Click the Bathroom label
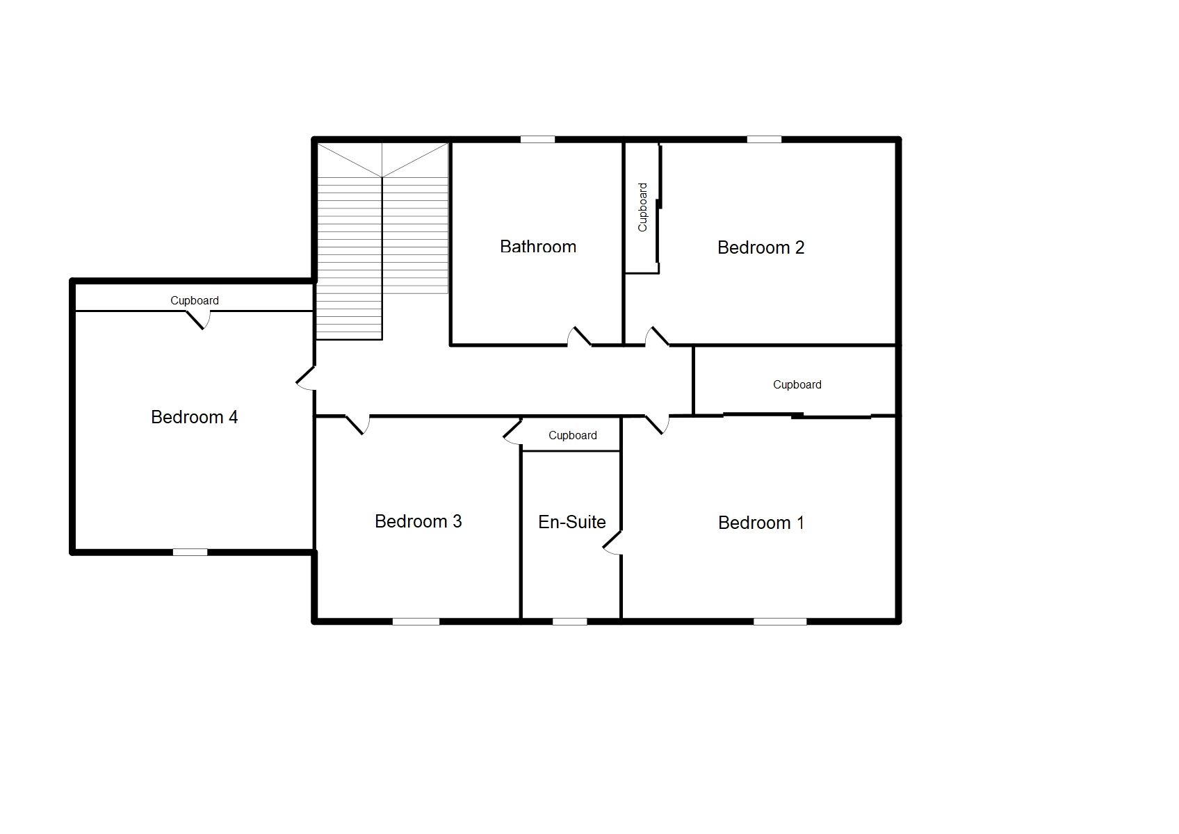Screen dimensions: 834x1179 537,247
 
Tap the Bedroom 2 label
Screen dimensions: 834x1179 761,247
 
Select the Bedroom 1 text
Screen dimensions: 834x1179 761,523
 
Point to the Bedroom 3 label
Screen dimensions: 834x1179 418,521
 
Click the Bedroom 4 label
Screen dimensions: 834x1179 194,417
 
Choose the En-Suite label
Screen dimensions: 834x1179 571,522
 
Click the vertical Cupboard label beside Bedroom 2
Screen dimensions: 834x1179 642,207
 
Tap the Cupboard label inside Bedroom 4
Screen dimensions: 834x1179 195,300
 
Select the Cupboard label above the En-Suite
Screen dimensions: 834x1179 572,435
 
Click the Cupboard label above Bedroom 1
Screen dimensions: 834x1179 797,384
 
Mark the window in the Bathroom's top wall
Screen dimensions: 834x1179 537,140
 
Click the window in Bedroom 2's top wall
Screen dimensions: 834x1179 764,140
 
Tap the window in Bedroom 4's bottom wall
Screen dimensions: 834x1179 190,553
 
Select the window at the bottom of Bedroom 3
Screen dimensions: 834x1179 416,621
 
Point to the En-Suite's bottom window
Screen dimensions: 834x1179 569,621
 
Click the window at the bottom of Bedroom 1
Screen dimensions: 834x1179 780,621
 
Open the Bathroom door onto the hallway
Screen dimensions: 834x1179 579,337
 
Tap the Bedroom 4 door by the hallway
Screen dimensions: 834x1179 306,378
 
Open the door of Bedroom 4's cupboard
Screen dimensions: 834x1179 198,320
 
